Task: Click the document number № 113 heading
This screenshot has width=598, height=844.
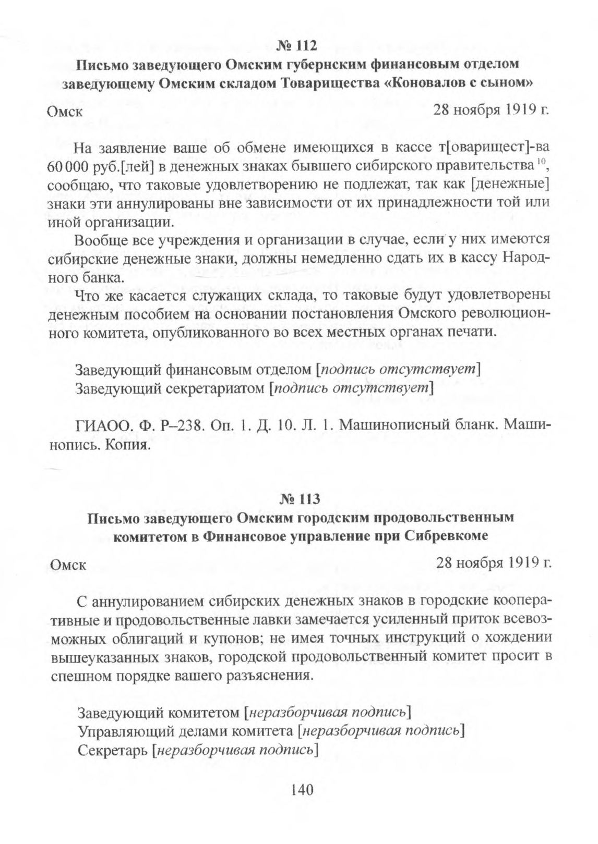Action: pyautogui.click(x=299, y=499)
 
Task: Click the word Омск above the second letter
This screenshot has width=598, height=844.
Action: pyautogui.click(x=68, y=565)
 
